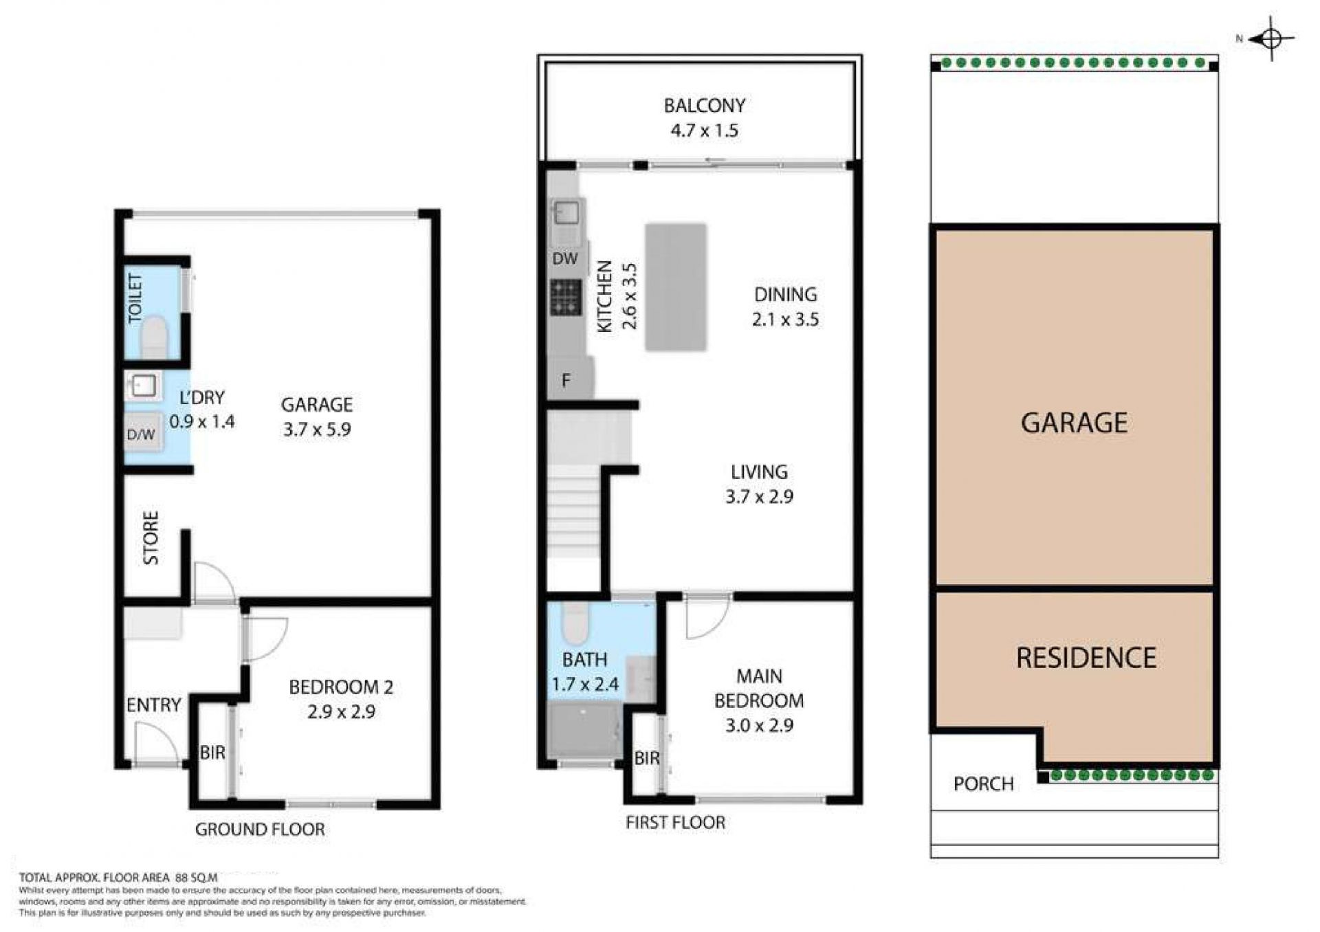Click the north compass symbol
(1270, 39)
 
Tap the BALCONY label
(704, 106)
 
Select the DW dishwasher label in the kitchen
(565, 259)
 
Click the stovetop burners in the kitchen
(565, 297)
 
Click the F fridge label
(566, 380)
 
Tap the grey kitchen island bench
(676, 287)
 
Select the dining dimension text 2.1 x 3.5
(785, 320)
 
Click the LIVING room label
(759, 472)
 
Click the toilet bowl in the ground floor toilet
(154, 337)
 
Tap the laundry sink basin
(144, 386)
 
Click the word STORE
(151, 537)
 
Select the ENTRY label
(153, 705)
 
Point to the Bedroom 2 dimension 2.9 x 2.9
(341, 712)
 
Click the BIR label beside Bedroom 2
(212, 753)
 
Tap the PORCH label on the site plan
(983, 784)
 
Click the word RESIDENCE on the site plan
(1086, 658)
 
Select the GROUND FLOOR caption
(260, 830)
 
